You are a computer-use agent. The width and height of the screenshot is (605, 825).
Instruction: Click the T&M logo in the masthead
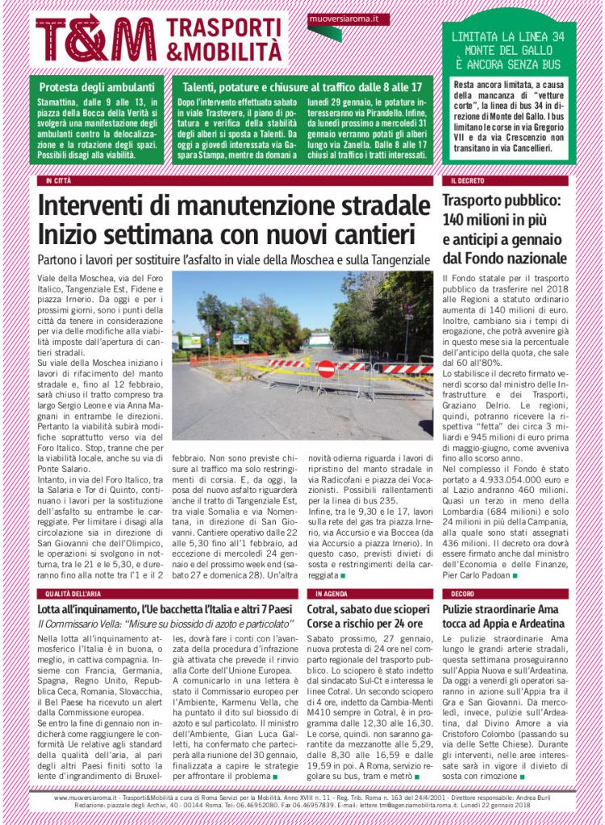click(x=96, y=39)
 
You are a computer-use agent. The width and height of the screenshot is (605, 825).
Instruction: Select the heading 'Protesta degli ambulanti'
click(x=96, y=87)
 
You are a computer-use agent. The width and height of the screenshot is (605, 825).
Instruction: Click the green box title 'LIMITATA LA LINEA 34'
click(x=507, y=37)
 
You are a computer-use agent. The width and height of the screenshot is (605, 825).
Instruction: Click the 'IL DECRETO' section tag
click(x=468, y=181)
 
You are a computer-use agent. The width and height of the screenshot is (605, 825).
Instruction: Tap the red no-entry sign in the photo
click(x=326, y=368)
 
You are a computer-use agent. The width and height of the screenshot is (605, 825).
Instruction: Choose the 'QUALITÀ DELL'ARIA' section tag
click(x=73, y=594)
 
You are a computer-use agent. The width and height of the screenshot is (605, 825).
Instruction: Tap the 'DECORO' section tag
click(x=464, y=594)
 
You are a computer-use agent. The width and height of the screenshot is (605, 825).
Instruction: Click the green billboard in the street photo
click(x=191, y=342)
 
